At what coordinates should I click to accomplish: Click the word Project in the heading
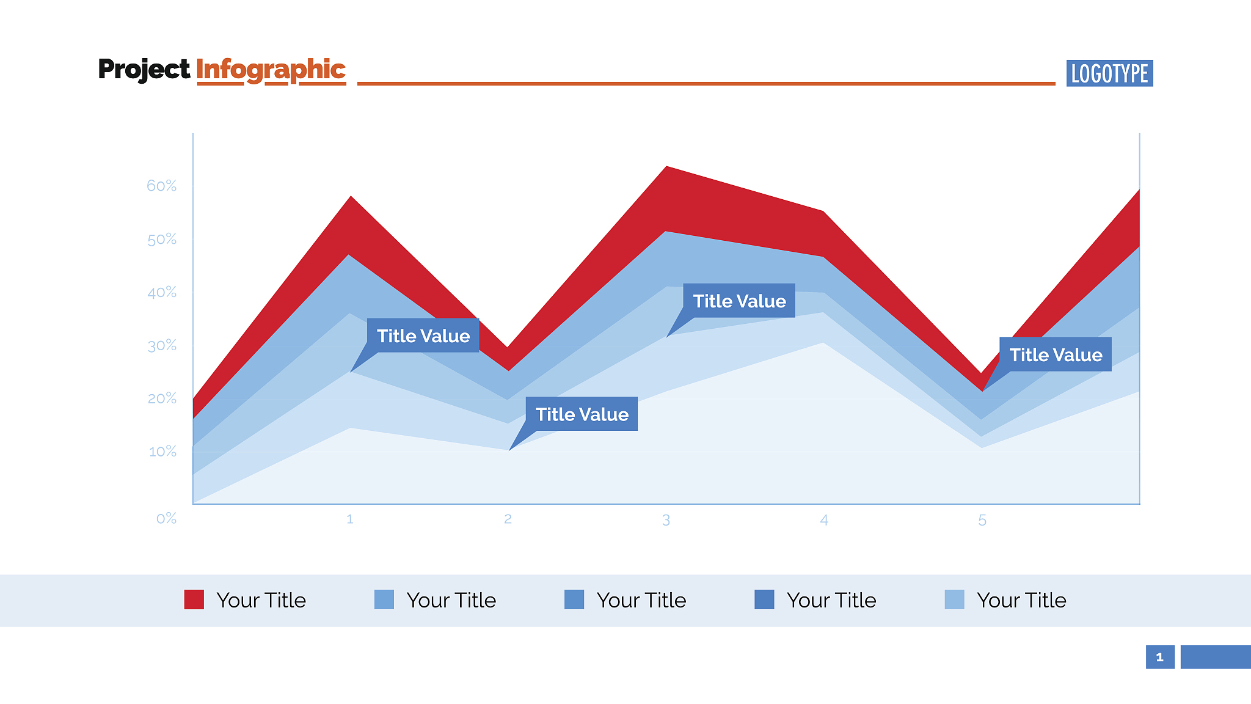click(144, 70)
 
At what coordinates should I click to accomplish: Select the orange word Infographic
click(271, 70)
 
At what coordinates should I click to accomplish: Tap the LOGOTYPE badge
click(1109, 73)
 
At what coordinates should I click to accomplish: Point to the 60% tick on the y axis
click(161, 186)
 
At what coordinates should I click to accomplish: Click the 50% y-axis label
click(161, 240)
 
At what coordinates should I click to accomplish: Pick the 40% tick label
click(161, 293)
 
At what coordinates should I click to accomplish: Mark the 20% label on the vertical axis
click(161, 398)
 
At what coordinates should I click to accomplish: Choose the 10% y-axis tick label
click(162, 452)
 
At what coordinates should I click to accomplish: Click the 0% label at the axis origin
click(166, 519)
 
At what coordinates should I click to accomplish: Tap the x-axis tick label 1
click(350, 519)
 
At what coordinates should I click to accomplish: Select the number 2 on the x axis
click(508, 519)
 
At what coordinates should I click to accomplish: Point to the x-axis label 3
click(666, 520)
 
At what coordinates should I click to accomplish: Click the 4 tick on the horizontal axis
click(824, 520)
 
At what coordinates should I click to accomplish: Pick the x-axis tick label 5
click(982, 520)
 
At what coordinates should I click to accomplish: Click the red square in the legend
click(194, 599)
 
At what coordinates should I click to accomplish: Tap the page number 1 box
click(1160, 657)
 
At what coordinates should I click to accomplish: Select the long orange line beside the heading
click(706, 83)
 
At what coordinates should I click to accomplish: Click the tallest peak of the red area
click(666, 167)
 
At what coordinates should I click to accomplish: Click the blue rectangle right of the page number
click(1216, 657)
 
